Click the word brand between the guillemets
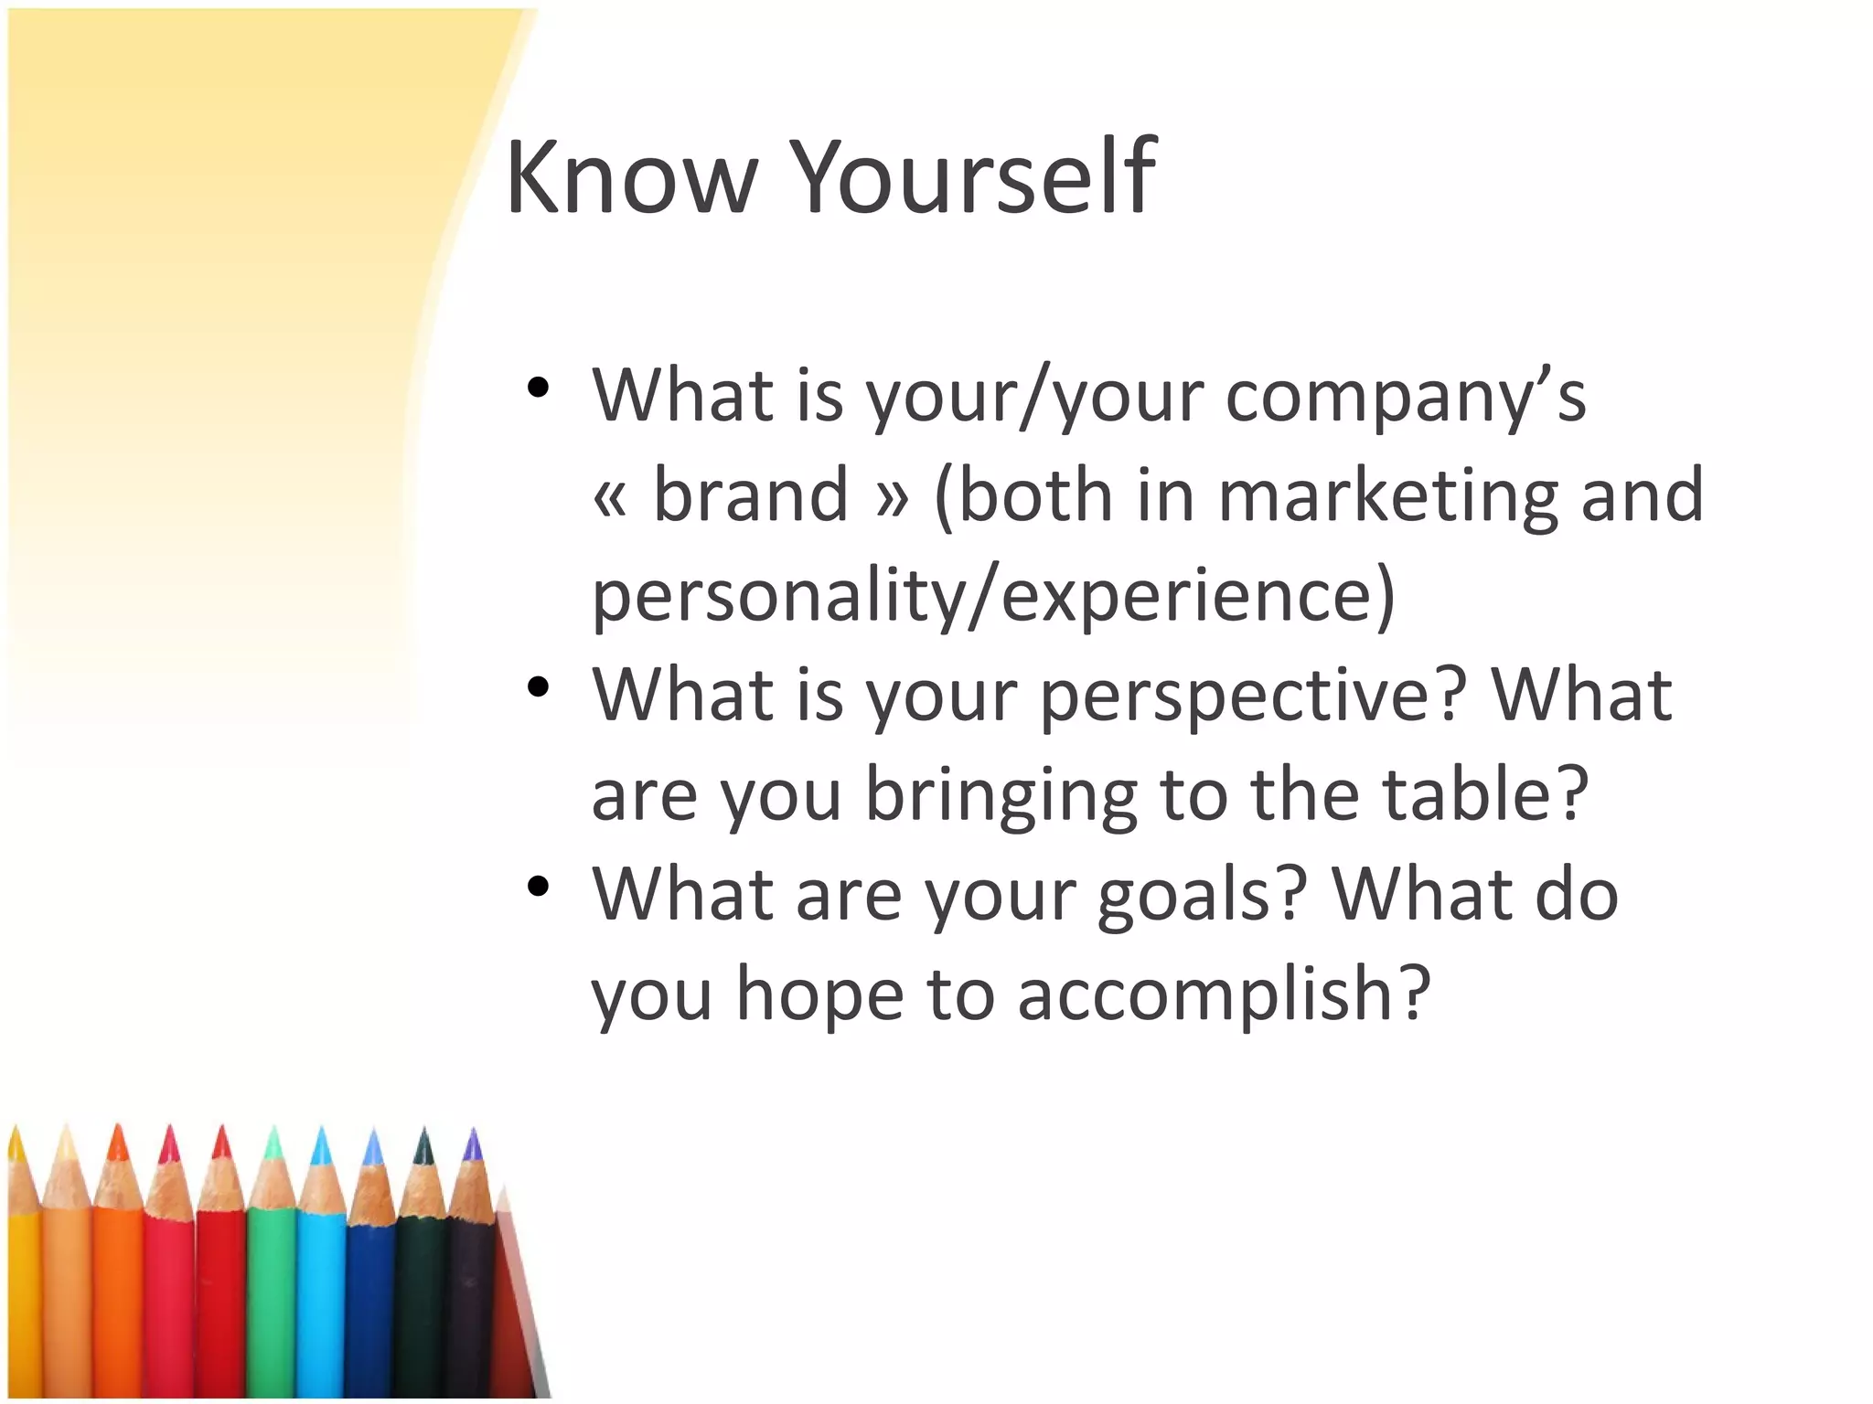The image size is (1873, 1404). pyautogui.click(x=751, y=495)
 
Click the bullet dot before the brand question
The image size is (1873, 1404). pyautogui.click(x=538, y=388)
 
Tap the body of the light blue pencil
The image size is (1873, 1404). pyautogui.click(x=321, y=1298)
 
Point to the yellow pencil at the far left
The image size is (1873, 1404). pyautogui.click(x=22, y=1298)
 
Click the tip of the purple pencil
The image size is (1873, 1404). pyautogui.click(x=473, y=1142)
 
